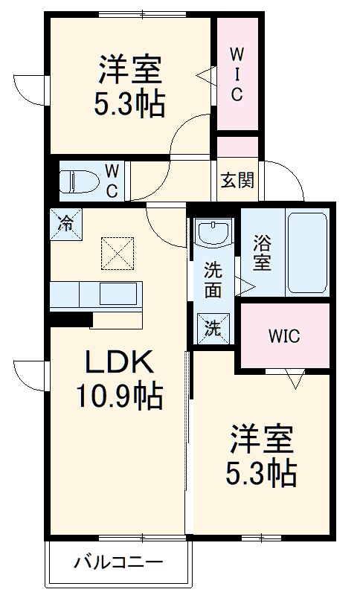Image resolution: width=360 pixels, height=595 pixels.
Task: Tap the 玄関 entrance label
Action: click(x=237, y=181)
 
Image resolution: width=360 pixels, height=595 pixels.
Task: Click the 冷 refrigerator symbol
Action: click(x=66, y=222)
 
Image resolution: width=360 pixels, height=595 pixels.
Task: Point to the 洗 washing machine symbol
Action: click(x=213, y=328)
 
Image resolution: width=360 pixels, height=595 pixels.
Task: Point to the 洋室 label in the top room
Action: click(x=129, y=72)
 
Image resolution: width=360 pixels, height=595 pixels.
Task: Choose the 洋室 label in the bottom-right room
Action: click(x=260, y=439)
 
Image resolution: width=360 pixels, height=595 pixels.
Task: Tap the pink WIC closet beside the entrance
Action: click(x=237, y=74)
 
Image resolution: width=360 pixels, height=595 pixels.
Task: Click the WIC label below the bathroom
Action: click(x=283, y=336)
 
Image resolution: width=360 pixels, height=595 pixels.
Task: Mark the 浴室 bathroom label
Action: click(x=261, y=252)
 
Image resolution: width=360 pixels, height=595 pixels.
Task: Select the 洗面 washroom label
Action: click(x=213, y=280)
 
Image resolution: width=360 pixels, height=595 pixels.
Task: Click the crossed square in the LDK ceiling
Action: click(x=117, y=254)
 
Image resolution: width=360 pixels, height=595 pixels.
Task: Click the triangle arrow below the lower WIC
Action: click(x=295, y=380)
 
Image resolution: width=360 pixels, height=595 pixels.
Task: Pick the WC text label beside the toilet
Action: click(x=111, y=181)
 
